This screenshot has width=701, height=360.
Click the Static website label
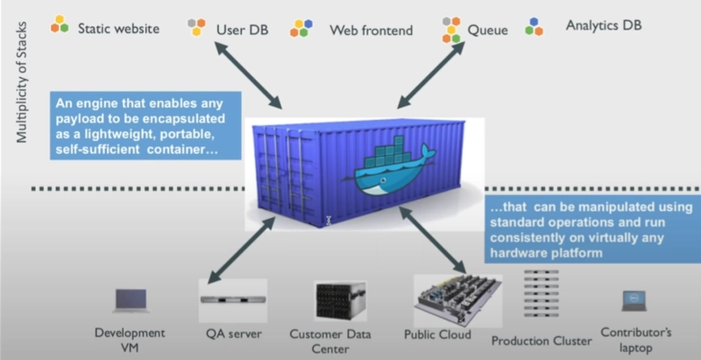(x=118, y=28)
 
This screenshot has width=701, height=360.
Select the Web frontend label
(x=371, y=29)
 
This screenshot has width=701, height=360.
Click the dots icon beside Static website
(x=60, y=24)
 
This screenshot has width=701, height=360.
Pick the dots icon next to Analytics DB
(x=534, y=25)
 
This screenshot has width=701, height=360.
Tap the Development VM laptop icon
(x=131, y=300)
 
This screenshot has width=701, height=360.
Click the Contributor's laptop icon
(x=633, y=301)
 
